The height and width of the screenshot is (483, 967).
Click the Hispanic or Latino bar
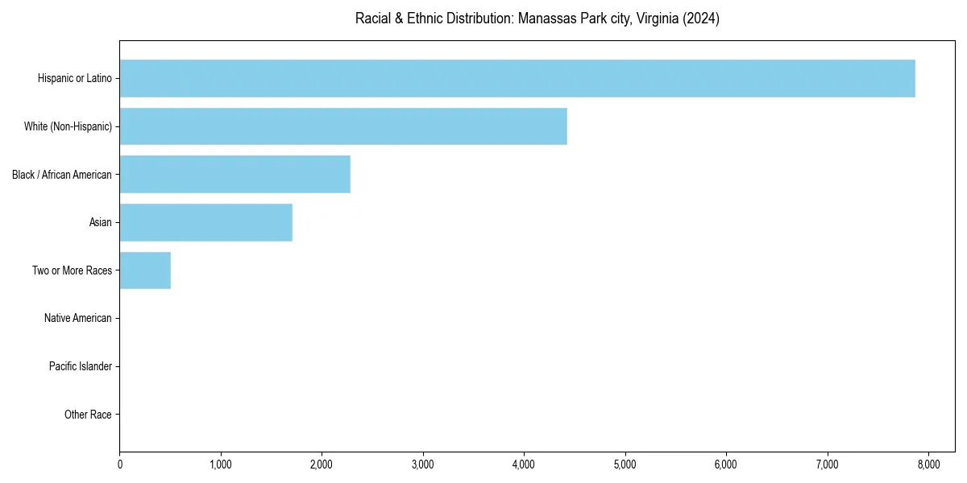click(x=517, y=78)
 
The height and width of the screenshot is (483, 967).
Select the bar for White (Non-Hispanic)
click(x=343, y=126)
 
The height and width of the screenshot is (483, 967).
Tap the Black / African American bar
click(x=235, y=174)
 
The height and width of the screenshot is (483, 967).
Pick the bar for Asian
click(x=206, y=222)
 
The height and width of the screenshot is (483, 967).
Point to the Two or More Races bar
click(x=145, y=270)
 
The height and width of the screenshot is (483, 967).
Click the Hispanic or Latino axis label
click(x=75, y=78)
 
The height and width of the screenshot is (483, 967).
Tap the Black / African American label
click(x=62, y=174)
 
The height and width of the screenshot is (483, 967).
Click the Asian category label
click(x=101, y=222)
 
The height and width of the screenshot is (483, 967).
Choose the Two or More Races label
click(x=73, y=270)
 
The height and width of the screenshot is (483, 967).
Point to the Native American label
click(x=78, y=318)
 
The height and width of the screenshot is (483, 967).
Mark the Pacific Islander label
click(x=81, y=366)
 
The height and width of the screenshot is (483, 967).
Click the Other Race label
click(x=88, y=415)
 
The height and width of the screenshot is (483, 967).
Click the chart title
click(x=537, y=19)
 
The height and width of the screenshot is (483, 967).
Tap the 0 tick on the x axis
click(x=120, y=464)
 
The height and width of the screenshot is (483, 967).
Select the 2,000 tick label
click(x=322, y=464)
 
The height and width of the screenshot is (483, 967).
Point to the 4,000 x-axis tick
click(x=524, y=464)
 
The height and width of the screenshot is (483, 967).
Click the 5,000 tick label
click(x=625, y=464)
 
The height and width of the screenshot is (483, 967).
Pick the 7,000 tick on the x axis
click(x=828, y=464)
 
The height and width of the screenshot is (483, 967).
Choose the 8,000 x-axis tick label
click(x=928, y=464)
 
